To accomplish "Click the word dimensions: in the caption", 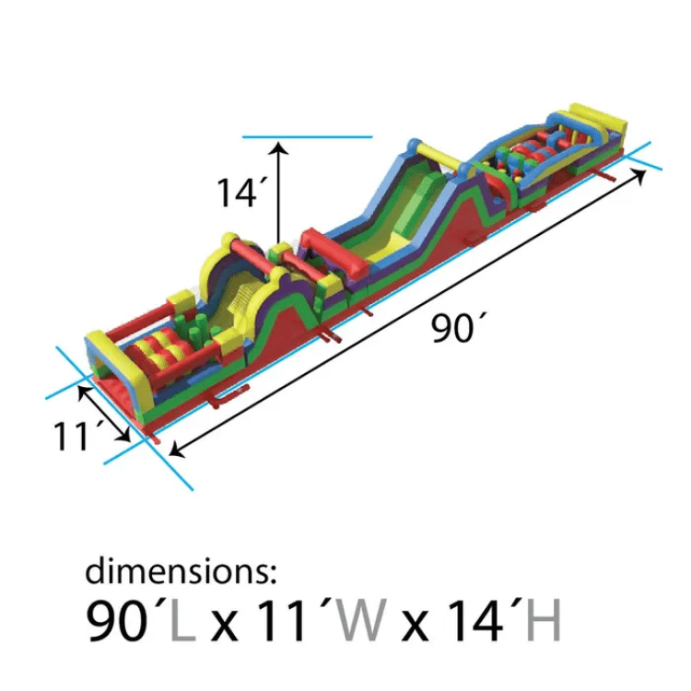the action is coord(181,570).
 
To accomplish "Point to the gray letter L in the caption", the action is coord(183,619).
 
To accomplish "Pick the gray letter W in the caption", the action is coord(360,619).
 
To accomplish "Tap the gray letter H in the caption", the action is coord(544,619).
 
